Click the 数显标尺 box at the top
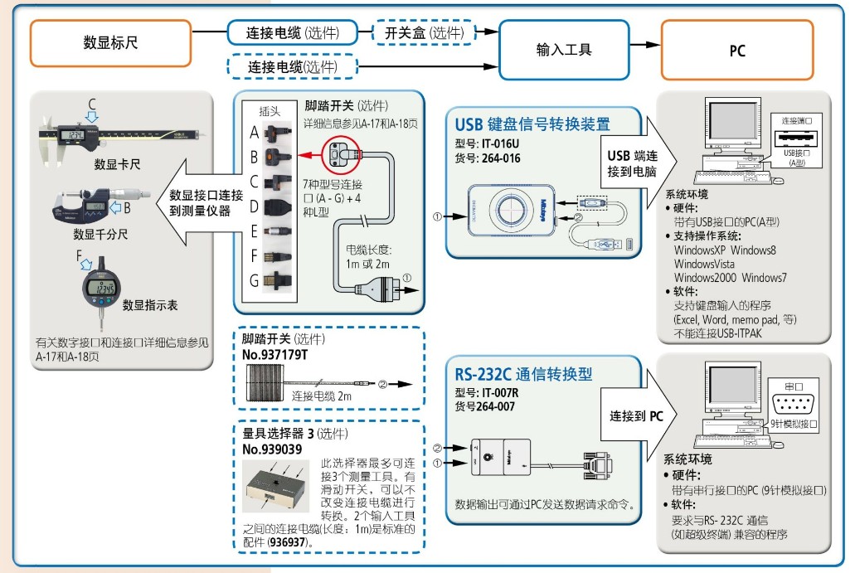click(x=110, y=43)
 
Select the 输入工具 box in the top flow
click(x=564, y=50)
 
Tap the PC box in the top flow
click(x=736, y=51)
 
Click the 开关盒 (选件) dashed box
click(x=424, y=33)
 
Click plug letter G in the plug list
click(x=255, y=282)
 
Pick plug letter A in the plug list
click(x=255, y=132)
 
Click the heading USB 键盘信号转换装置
click(x=532, y=125)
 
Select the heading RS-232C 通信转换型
click(x=523, y=374)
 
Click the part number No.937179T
click(x=274, y=355)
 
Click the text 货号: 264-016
click(x=488, y=158)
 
